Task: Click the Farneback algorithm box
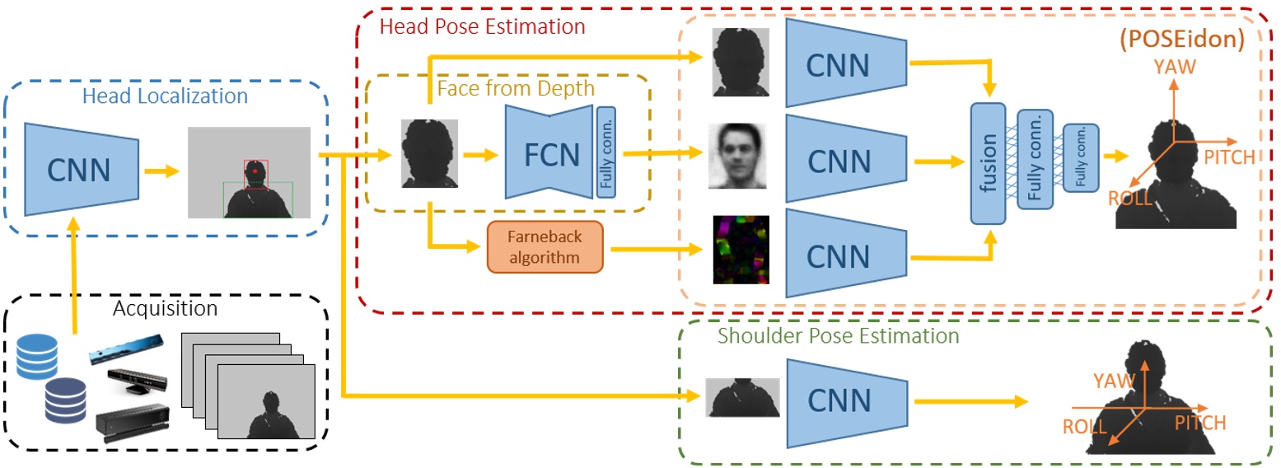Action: click(545, 246)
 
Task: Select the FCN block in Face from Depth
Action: click(551, 152)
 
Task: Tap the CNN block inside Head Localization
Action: click(77, 170)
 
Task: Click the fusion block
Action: click(988, 163)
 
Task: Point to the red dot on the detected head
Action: click(255, 171)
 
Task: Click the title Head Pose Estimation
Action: click(482, 26)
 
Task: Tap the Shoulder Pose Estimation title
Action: click(838, 335)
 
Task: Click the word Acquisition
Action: click(166, 309)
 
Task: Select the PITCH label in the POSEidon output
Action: click(1228, 157)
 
